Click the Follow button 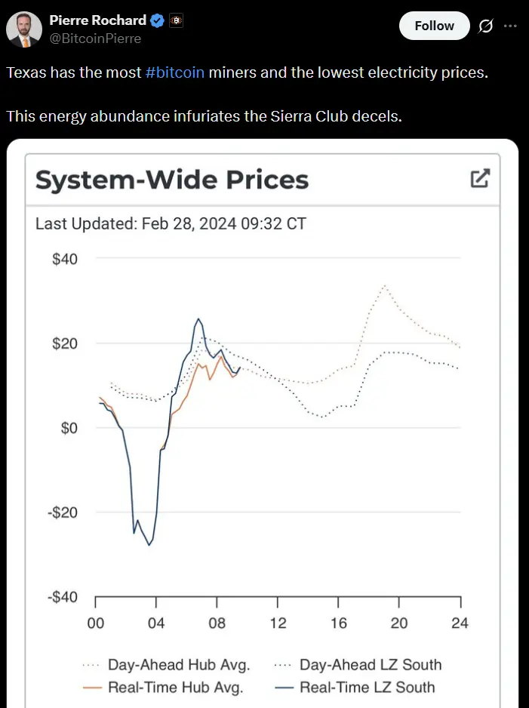(x=434, y=26)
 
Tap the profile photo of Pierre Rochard (x=24, y=29)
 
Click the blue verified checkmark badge (x=155, y=21)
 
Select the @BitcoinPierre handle (x=95, y=38)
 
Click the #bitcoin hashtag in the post (x=174, y=73)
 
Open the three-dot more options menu (x=510, y=26)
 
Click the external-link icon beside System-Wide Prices (x=480, y=179)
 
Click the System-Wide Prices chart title (x=172, y=180)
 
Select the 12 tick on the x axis (x=278, y=623)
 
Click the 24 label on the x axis (x=460, y=623)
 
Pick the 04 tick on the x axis (x=156, y=623)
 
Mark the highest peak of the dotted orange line (x=385, y=286)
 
